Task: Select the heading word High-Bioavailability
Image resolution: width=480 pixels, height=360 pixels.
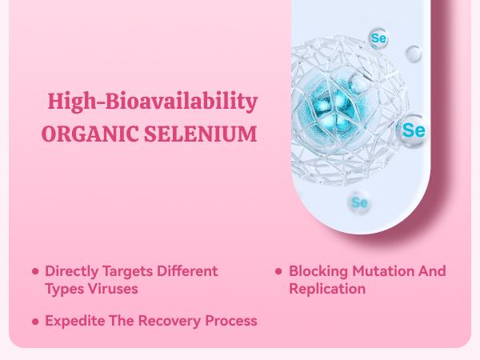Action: tap(152, 102)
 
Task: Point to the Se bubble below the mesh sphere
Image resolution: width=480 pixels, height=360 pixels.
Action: tap(359, 202)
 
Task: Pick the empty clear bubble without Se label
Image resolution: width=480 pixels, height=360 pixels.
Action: tap(414, 54)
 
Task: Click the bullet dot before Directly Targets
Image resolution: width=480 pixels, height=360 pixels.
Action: tap(35, 272)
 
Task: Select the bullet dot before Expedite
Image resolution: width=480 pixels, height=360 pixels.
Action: tap(35, 322)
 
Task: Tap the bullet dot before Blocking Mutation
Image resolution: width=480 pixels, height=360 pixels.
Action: tap(278, 272)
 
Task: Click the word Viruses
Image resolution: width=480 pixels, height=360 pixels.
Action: tap(114, 288)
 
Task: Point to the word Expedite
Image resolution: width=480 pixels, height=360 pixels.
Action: tap(74, 322)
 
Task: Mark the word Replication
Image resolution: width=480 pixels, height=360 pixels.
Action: tap(326, 288)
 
